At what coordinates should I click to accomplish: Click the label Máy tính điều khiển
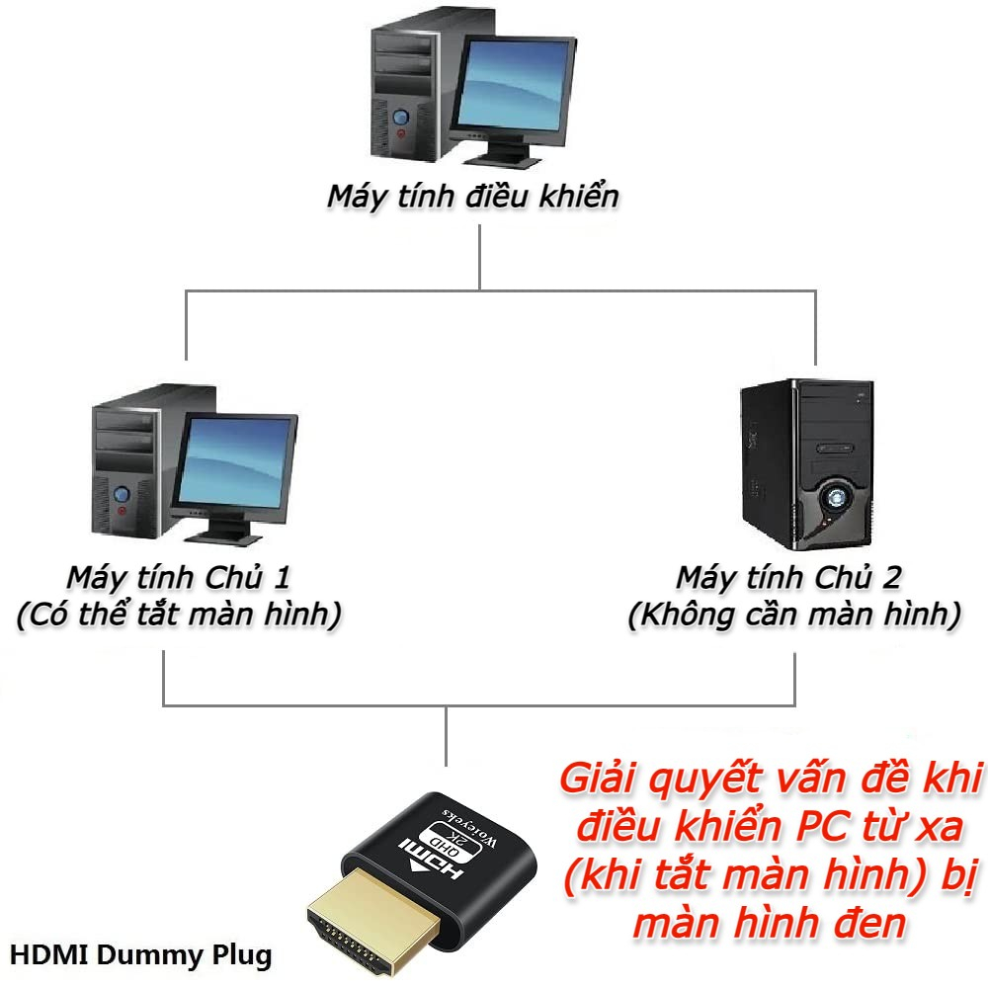(x=473, y=196)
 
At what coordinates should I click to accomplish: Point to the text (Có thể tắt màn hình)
(x=179, y=616)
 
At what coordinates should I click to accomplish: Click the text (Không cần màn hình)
(x=793, y=616)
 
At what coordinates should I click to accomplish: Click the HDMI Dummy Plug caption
(x=140, y=955)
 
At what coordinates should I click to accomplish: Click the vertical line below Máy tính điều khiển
(x=479, y=257)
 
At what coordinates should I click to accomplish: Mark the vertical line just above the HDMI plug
(x=446, y=736)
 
